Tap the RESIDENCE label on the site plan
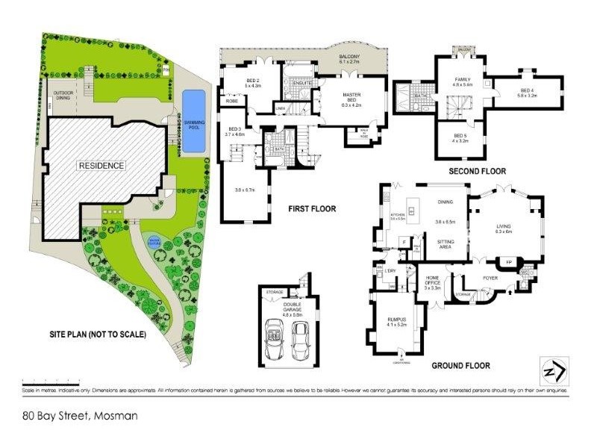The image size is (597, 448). (x=101, y=165)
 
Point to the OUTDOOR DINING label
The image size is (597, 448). (x=67, y=96)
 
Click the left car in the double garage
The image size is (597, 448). (x=272, y=341)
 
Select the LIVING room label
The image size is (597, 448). (x=504, y=228)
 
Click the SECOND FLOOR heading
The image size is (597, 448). (x=477, y=171)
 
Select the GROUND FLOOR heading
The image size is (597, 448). (x=460, y=366)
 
